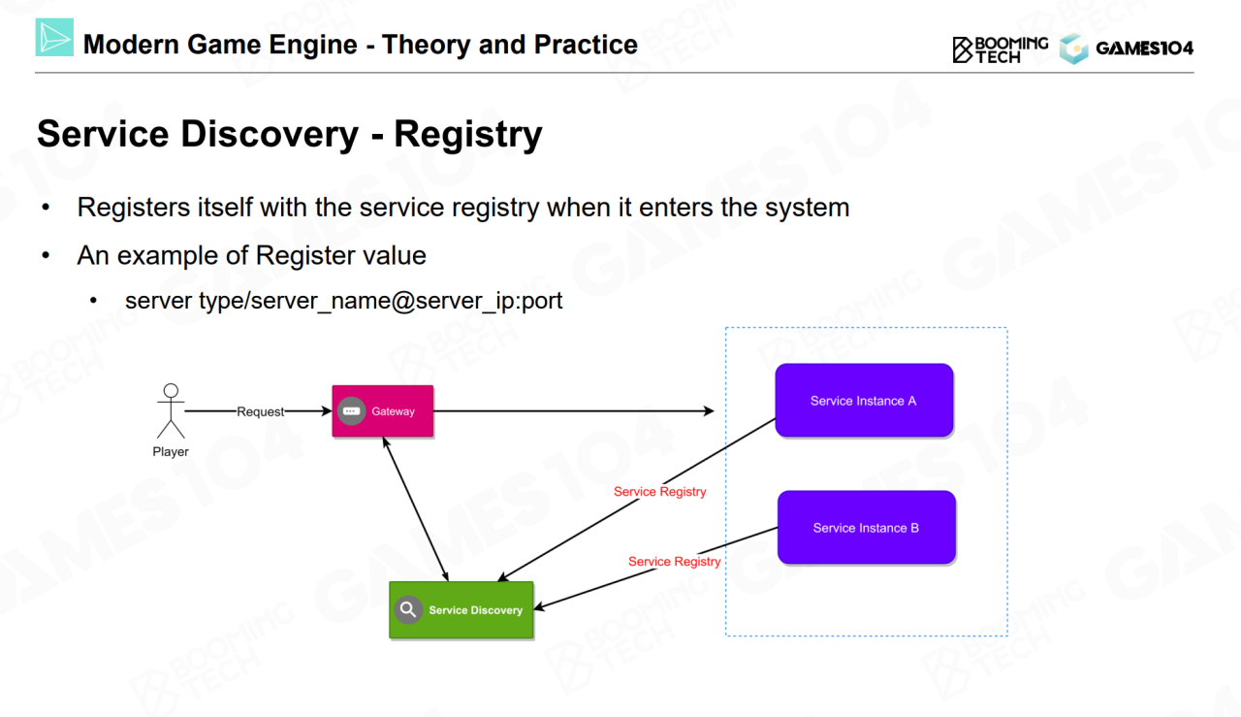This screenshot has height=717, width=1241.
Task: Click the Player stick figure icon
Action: pos(171,411)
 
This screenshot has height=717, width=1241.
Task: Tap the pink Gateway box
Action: pos(383,411)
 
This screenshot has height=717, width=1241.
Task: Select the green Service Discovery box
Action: pos(461,609)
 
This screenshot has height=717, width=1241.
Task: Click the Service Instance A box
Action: pos(864,401)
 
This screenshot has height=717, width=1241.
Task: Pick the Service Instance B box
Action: pos(866,528)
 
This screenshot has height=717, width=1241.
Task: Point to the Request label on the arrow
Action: pos(261,411)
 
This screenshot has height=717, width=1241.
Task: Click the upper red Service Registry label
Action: pos(660,492)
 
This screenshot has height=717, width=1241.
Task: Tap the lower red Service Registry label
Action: pos(675,562)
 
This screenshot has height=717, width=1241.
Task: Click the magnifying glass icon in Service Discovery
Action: pos(409,609)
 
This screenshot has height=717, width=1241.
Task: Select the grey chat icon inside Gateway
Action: pos(352,411)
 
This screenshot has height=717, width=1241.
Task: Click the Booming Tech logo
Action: pos(1001,49)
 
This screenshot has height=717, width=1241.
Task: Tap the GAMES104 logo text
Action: pos(1144,49)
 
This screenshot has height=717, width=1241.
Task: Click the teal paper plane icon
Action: pos(54,38)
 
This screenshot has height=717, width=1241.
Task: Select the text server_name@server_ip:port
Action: pos(406,301)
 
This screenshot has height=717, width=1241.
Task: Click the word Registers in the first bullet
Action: pos(139,208)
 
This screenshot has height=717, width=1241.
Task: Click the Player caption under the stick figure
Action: pos(171,452)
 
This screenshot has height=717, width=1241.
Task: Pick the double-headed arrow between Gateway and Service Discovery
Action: pos(417,508)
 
